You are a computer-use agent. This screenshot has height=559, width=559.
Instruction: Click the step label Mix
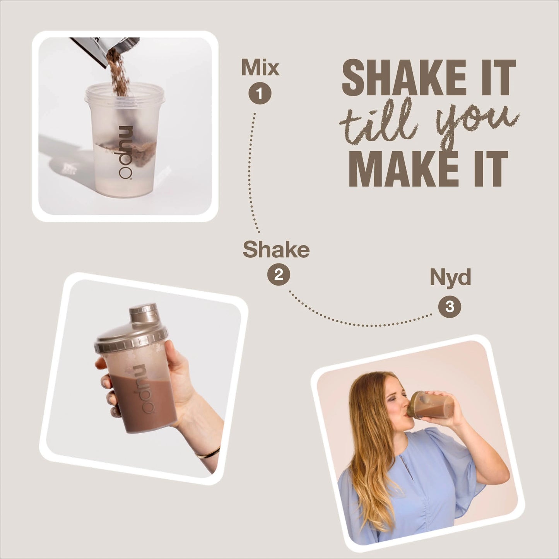[260, 67]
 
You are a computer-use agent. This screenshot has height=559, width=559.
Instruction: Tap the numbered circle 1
[260, 93]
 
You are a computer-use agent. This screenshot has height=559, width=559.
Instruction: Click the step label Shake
[276, 249]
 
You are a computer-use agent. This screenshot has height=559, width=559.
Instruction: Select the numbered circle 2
[279, 274]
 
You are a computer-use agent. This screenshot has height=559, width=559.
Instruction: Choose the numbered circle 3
[450, 306]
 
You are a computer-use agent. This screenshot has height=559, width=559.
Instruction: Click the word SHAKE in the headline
[404, 77]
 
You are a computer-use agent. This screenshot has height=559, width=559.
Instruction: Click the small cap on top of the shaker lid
[143, 312]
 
